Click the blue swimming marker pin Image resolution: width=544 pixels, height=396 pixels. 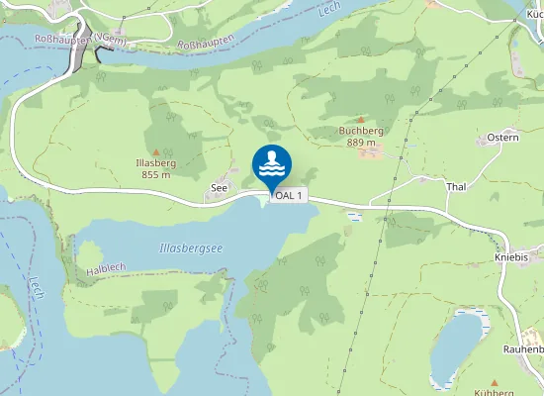pyautogui.click(x=272, y=165)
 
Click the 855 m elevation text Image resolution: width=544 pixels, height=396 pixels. pyautogui.click(x=156, y=174)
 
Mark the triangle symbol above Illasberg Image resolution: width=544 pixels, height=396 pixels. pyautogui.click(x=155, y=151)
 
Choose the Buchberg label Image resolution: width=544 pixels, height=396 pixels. pyautogui.click(x=361, y=130)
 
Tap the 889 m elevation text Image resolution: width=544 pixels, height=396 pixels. pyautogui.click(x=361, y=142)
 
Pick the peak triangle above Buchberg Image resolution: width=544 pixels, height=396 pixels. pyautogui.click(x=360, y=119)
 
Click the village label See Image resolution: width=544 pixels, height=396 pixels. pyautogui.click(x=219, y=186)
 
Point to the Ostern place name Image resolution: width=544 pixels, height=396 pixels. pyautogui.click(x=502, y=138)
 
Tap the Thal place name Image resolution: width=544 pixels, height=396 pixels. pyautogui.click(x=456, y=186)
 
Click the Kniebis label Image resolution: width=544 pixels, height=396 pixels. pyautogui.click(x=510, y=255)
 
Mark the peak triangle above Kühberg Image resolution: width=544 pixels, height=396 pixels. pyautogui.click(x=494, y=381)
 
